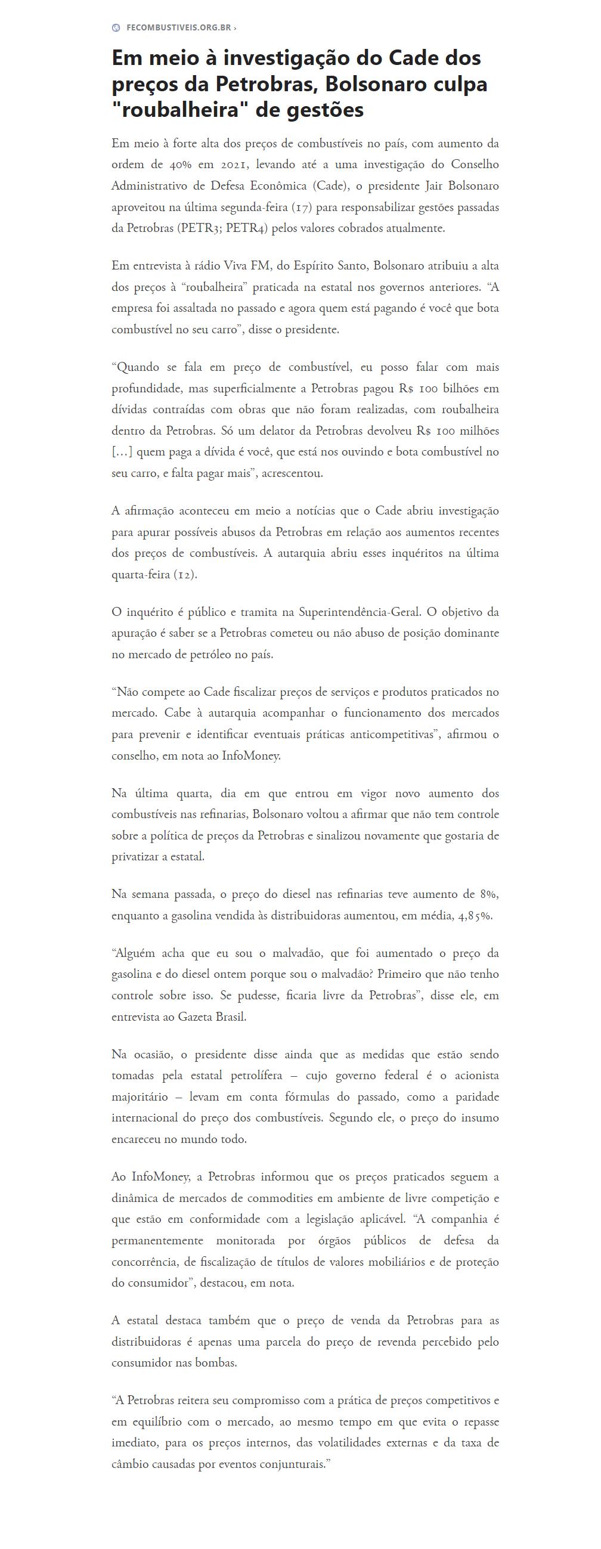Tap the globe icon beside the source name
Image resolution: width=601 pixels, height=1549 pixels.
coord(116,27)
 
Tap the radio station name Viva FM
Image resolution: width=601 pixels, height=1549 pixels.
coord(247,266)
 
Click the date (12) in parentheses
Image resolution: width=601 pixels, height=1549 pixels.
coord(185,574)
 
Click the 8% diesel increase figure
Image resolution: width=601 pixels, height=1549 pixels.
coord(489,894)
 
